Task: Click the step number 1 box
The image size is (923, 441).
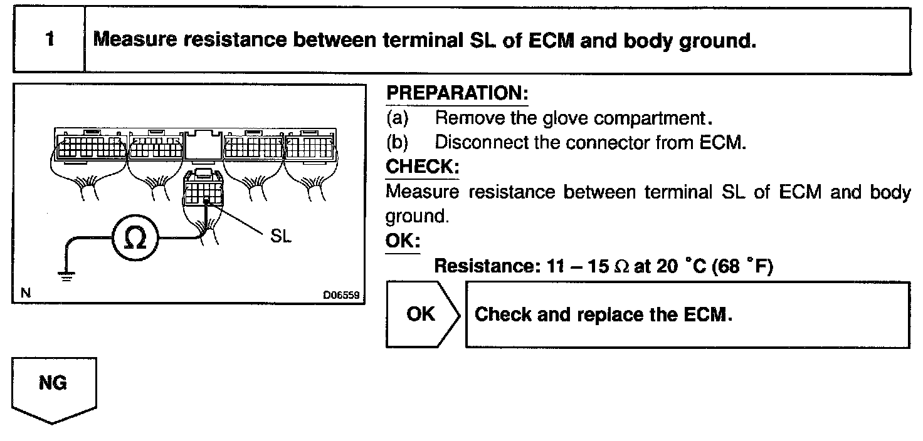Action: [49, 40]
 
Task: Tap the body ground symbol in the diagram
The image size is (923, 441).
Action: [65, 273]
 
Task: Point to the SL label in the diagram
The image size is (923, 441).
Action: [280, 239]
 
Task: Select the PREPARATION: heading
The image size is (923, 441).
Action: [457, 94]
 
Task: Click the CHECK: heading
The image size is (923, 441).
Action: [422, 167]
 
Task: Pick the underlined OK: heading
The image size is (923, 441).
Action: [403, 241]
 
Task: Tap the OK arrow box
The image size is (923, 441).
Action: [422, 314]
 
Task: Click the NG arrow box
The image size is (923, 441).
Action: [54, 387]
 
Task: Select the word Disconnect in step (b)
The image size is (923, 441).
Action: [482, 142]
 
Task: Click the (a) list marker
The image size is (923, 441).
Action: [396, 118]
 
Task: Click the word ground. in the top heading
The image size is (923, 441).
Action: [716, 41]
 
